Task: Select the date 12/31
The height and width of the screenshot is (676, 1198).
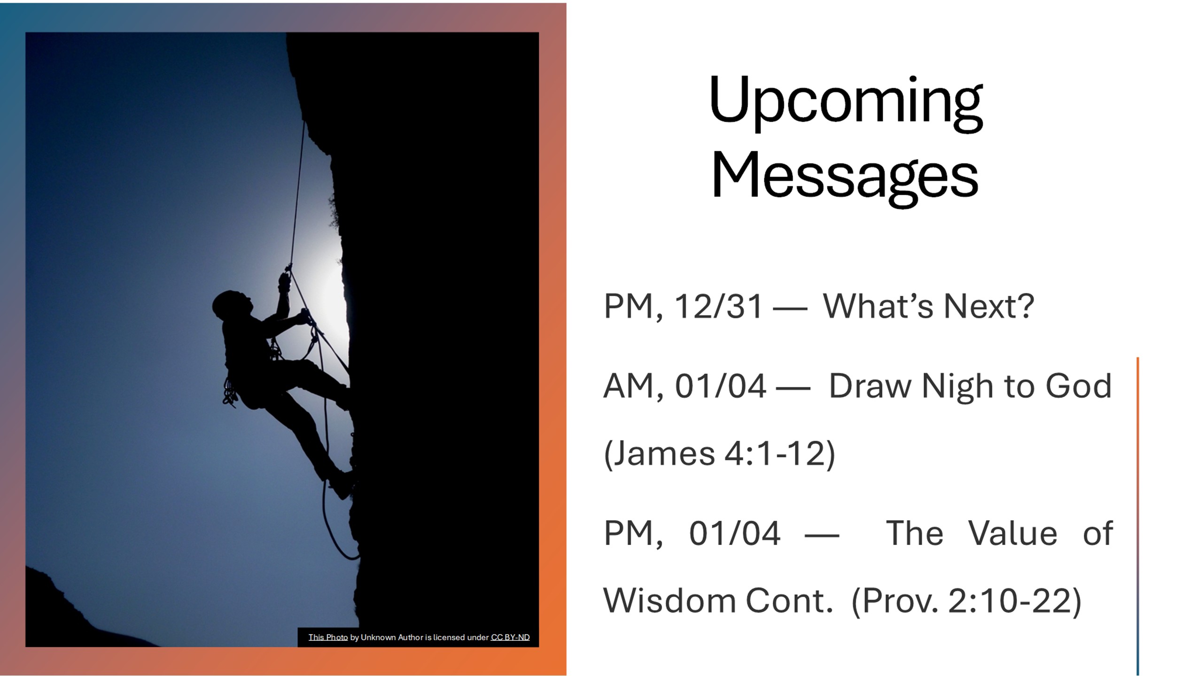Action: pos(718,306)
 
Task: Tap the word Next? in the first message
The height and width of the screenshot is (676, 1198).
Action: pos(988,306)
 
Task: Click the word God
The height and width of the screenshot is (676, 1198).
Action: pos(1079,386)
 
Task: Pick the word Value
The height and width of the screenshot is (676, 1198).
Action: pos(1013,533)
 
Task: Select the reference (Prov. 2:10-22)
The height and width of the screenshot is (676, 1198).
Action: pos(966,601)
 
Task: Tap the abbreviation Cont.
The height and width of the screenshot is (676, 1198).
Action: pos(789,601)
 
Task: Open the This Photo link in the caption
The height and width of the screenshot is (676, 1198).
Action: pos(328,638)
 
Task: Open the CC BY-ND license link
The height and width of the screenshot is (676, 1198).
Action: pos(510,638)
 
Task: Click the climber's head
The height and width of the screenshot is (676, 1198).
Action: pos(230,305)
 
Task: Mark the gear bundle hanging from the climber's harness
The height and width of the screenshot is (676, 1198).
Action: pos(230,392)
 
